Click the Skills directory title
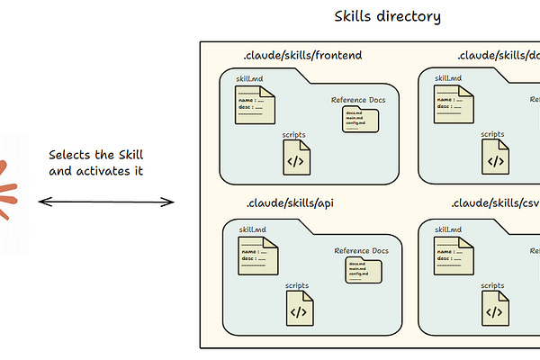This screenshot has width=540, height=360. pos(388,16)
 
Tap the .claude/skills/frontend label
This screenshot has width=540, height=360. pos(302,56)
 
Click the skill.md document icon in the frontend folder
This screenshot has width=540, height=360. pos(254,108)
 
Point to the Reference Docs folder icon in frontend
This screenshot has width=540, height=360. pos(359,119)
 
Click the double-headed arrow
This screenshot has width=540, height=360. pos(106,202)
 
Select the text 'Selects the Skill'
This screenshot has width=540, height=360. pos(95,155)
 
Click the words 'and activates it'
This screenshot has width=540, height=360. pos(95,171)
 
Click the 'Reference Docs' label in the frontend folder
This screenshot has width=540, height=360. pos(358,99)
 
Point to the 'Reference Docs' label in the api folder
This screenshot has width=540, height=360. pos(361,251)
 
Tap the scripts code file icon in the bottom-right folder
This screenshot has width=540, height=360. pos(492,309)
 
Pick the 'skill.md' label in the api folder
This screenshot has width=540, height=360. pos(252,229)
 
